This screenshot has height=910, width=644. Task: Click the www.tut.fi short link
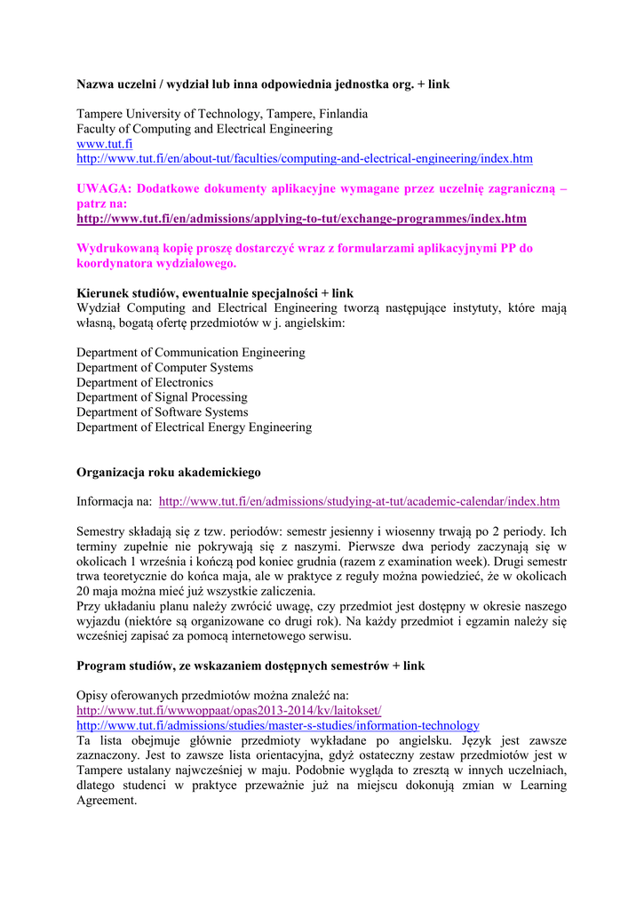coord(104,144)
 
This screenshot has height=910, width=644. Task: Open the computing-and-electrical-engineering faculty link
coord(304,159)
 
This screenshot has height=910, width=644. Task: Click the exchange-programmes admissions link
coord(301,219)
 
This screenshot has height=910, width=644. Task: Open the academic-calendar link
coord(359,501)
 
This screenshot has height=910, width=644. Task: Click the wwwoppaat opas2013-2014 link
coord(228,710)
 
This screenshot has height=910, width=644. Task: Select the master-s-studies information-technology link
coord(277,725)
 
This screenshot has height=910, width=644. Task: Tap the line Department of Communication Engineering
coord(190,353)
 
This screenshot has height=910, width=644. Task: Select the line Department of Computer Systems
coord(164,368)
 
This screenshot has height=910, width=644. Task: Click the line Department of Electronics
coord(145,382)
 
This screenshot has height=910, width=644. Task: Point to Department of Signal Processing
coord(162,397)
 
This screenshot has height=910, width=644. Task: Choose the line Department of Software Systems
coord(163,412)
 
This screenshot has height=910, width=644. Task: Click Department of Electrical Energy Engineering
coord(194,427)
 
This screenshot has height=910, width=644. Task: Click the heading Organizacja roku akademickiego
coord(168,472)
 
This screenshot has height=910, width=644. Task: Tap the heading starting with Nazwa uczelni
coord(263,85)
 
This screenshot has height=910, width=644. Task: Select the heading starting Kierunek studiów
coord(214,293)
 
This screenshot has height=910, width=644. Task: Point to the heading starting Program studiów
coord(250,666)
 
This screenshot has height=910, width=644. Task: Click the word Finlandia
coord(340,114)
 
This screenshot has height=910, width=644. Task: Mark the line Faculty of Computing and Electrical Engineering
coord(204,129)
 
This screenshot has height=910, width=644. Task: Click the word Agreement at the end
coord(107,800)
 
